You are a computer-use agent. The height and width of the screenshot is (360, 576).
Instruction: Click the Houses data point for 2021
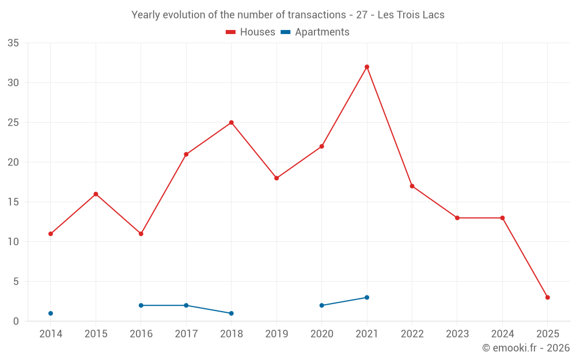tap(367, 67)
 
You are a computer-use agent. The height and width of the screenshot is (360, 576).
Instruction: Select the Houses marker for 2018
tap(232, 123)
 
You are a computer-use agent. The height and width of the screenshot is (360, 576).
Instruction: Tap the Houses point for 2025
tap(548, 297)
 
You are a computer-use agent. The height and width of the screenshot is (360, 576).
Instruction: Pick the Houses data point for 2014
tap(51, 234)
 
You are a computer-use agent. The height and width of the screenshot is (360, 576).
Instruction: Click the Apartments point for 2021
tap(367, 297)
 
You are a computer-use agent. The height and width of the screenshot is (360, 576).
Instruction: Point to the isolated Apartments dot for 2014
tap(51, 313)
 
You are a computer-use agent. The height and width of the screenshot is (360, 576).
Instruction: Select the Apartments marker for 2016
tap(141, 305)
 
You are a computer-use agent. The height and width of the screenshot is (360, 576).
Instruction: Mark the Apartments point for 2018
tap(232, 313)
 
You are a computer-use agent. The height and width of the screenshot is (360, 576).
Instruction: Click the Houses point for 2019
tap(276, 178)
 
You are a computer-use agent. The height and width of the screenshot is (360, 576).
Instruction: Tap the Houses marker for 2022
tap(412, 186)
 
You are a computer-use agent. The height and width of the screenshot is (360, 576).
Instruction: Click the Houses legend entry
tap(251, 32)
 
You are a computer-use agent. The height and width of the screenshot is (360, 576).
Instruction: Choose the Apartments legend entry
tap(315, 32)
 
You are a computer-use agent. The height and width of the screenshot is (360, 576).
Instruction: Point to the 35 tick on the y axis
tap(13, 43)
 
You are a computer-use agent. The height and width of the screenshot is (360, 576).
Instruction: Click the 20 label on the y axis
tap(13, 162)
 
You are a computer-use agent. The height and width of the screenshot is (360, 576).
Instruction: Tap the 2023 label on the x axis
tap(457, 334)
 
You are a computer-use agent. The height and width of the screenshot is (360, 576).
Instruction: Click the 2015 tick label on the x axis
tap(96, 334)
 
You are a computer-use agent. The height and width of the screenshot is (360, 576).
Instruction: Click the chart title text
tap(288, 15)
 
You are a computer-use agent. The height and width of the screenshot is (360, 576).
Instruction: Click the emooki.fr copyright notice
tap(525, 348)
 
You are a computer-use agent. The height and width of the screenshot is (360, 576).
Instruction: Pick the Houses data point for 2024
tap(502, 218)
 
